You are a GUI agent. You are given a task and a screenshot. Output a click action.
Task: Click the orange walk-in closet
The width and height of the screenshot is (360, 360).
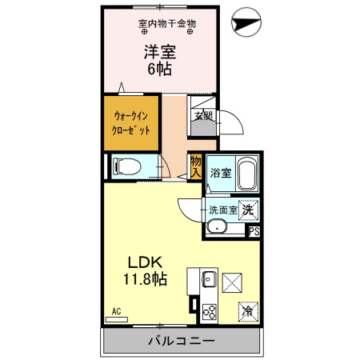130,122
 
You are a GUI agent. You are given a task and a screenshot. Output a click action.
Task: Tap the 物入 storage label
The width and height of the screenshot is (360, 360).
195,167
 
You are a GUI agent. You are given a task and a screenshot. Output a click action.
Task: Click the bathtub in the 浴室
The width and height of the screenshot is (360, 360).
245,173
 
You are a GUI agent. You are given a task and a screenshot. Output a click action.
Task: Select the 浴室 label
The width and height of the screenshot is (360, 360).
219,173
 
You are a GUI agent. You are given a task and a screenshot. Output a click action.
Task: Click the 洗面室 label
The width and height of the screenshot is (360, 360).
223,210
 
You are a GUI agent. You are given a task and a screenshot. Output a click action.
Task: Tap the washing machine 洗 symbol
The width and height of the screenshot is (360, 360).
249,210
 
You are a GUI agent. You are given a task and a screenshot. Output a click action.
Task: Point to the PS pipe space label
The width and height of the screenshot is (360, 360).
254,232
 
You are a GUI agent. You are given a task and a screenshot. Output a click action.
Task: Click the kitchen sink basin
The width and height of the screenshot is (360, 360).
208,279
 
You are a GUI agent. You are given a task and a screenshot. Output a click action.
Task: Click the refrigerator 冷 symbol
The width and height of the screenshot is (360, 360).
248,311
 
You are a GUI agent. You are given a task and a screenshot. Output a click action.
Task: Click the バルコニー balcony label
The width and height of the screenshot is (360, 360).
180,342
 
